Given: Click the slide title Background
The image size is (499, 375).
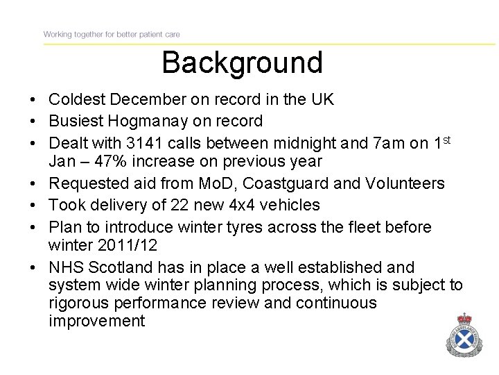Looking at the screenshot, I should [242, 62].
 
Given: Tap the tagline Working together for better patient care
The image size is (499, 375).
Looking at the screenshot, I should [112, 34].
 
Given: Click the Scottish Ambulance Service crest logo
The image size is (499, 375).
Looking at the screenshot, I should [463, 336].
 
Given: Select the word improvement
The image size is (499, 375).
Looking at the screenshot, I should [97, 321].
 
